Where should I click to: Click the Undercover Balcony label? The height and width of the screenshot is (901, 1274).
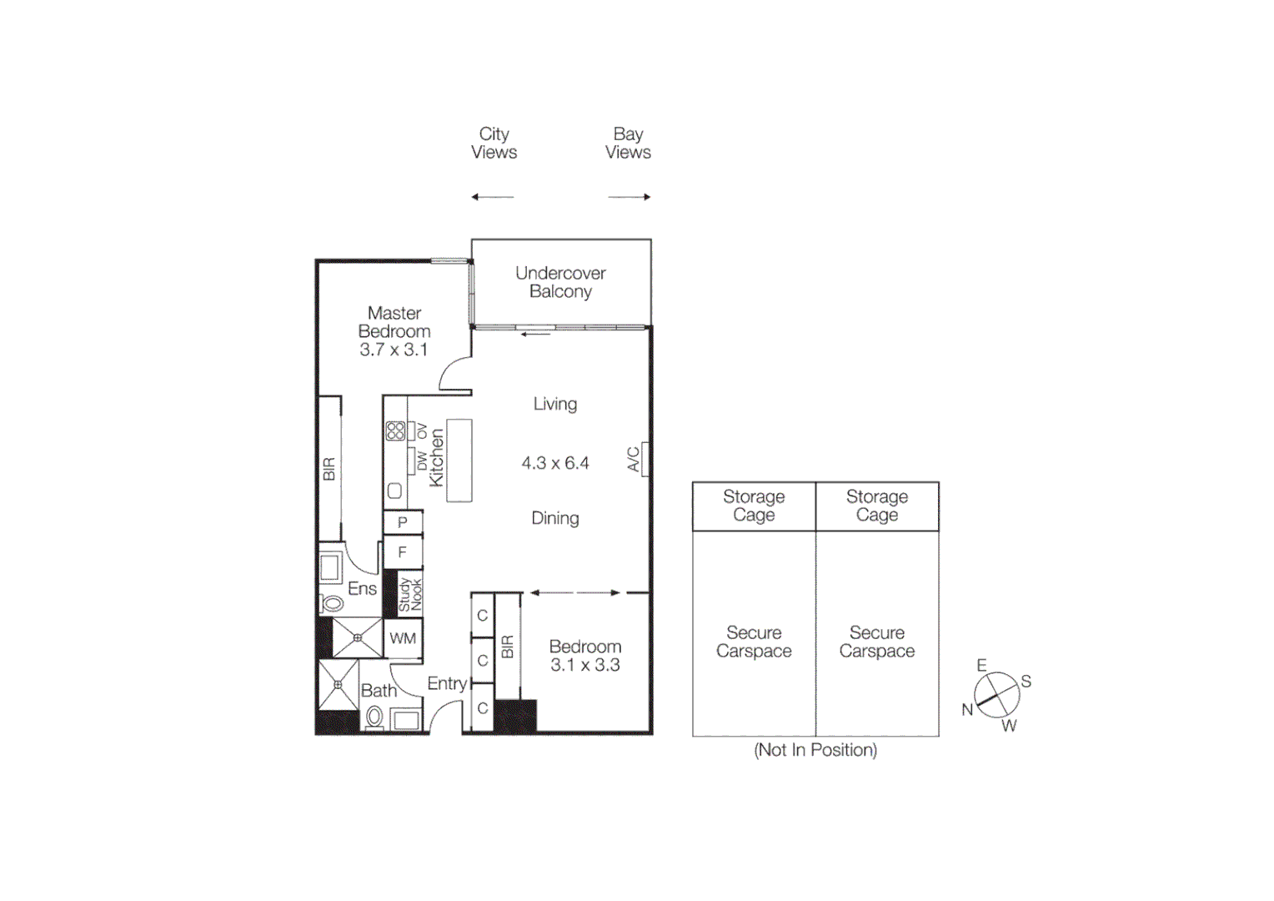[x=560, y=282]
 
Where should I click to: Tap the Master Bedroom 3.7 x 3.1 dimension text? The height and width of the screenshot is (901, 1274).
[x=394, y=350]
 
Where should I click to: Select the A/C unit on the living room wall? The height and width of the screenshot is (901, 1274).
[x=645, y=459]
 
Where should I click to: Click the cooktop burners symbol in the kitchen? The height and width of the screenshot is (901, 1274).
[x=395, y=430]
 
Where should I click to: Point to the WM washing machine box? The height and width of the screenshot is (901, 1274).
[x=403, y=638]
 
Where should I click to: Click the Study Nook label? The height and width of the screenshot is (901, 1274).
[x=410, y=594]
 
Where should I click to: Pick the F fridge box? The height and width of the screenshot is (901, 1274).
[x=403, y=552]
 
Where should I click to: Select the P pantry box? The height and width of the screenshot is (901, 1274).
[x=403, y=522]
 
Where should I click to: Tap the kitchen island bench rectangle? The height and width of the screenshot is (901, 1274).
[x=459, y=461]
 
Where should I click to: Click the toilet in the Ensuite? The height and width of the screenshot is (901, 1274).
[x=333, y=602]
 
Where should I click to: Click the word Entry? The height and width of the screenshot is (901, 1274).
[x=447, y=683]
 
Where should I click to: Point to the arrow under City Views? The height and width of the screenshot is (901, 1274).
[x=493, y=197]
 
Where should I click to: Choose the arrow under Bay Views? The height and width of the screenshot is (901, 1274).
[x=629, y=197]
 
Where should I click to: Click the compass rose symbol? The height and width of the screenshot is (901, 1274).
[x=997, y=694]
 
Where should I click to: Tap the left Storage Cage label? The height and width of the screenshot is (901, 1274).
[x=754, y=506]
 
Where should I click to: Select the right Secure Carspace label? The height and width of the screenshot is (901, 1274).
[x=877, y=642]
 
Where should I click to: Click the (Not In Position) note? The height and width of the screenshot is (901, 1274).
[x=815, y=750]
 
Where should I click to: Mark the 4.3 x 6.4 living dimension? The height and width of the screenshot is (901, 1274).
[x=555, y=463]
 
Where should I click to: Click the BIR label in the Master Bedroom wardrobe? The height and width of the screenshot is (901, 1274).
[x=329, y=469]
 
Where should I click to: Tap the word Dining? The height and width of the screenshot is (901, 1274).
[x=555, y=518]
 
